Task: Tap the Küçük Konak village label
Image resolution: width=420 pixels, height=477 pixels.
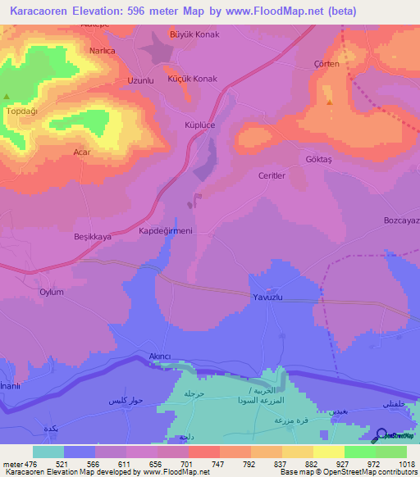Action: [x=194, y=78]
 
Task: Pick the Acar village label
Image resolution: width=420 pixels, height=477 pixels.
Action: [x=81, y=152]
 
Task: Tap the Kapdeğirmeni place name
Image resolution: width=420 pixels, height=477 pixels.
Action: [x=165, y=231]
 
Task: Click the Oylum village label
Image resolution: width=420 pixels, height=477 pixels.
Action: [x=52, y=291]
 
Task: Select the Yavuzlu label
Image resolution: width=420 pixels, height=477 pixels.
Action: [x=267, y=297]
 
